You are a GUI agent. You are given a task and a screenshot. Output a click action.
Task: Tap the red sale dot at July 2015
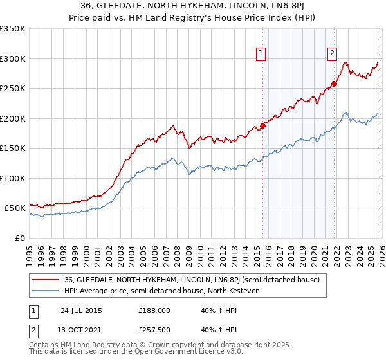pos(262,125)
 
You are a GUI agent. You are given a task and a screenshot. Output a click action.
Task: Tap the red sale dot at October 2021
pos(335,84)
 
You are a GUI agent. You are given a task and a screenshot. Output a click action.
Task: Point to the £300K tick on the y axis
pos(13,59)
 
